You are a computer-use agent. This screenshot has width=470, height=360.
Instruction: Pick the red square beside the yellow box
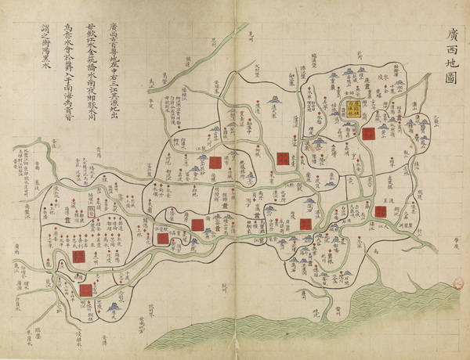click(367, 133)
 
